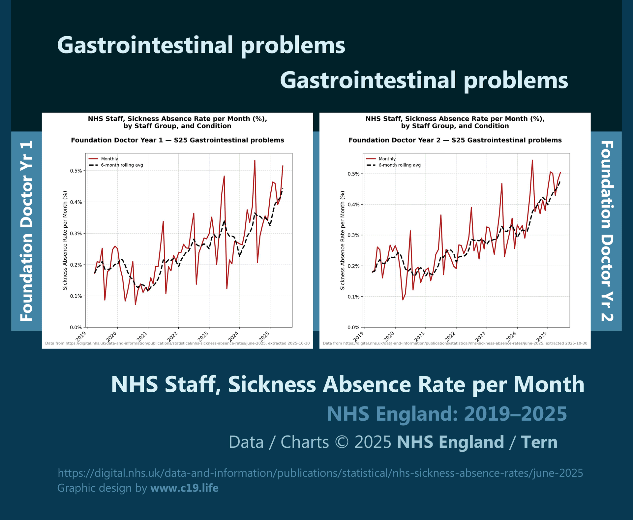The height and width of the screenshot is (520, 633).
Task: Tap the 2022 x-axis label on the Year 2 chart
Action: coord(451,336)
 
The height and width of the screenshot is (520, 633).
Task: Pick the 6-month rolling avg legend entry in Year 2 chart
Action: coord(399,165)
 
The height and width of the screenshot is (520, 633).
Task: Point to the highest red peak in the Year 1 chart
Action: coord(255,161)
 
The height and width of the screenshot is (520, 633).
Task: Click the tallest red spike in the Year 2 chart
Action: coord(532,160)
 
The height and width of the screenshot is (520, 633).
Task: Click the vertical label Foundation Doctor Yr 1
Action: coord(27,231)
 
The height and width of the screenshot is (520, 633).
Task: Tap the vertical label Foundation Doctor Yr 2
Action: coord(607,231)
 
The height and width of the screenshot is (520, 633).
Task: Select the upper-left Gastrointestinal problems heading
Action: coord(201,45)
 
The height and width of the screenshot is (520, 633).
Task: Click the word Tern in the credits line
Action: coord(539,442)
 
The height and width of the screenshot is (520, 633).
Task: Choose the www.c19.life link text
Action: coord(184,488)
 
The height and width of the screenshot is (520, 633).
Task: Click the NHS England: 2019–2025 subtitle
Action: coord(447,414)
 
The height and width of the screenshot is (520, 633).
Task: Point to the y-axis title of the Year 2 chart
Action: coord(343,240)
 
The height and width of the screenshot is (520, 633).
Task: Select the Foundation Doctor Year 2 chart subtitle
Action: coord(455,140)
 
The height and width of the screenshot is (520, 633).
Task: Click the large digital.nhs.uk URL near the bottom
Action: coord(320,473)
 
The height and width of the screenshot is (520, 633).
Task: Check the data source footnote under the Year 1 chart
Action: coord(177,343)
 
